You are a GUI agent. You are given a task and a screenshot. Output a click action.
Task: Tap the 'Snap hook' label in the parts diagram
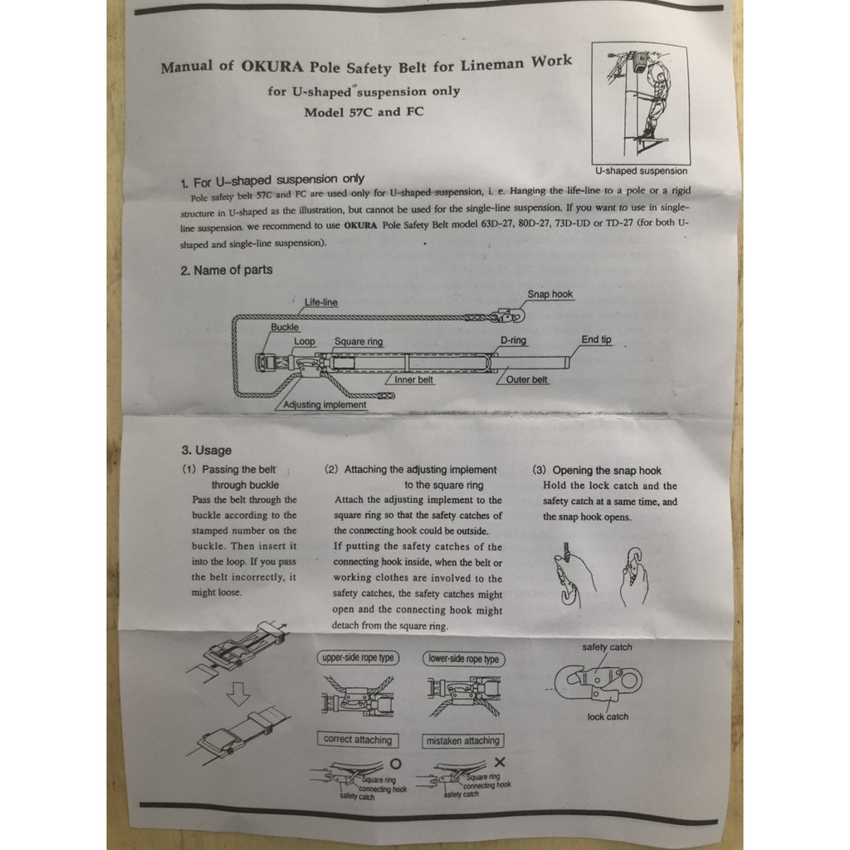[550, 294]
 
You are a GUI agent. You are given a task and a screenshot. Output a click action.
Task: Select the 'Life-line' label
[321, 302]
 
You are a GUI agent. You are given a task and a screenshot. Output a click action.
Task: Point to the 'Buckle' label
[285, 327]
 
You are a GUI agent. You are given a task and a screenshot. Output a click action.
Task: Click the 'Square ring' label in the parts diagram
[359, 341]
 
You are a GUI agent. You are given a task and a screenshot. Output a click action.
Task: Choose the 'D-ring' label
[513, 340]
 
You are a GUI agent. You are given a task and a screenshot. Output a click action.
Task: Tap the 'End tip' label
[596, 340]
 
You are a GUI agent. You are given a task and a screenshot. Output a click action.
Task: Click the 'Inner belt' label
[413, 379]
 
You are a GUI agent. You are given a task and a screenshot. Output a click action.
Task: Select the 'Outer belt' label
[526, 379]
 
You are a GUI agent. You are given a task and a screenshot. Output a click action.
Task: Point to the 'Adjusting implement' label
[325, 404]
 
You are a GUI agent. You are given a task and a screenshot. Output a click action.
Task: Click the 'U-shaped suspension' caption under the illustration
[641, 171]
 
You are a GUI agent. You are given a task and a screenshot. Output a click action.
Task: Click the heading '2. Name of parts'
[227, 270]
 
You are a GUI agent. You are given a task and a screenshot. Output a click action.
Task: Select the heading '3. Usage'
[207, 450]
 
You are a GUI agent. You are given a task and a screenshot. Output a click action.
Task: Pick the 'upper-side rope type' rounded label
[358, 657]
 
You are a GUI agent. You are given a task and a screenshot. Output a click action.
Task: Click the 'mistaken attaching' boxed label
[463, 740]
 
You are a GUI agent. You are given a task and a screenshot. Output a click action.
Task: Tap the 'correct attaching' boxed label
[358, 740]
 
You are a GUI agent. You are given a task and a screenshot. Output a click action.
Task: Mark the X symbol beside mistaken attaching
[500, 762]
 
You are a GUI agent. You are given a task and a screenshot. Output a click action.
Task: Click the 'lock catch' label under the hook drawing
[608, 716]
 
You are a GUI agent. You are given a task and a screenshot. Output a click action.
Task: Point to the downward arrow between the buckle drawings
[238, 693]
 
